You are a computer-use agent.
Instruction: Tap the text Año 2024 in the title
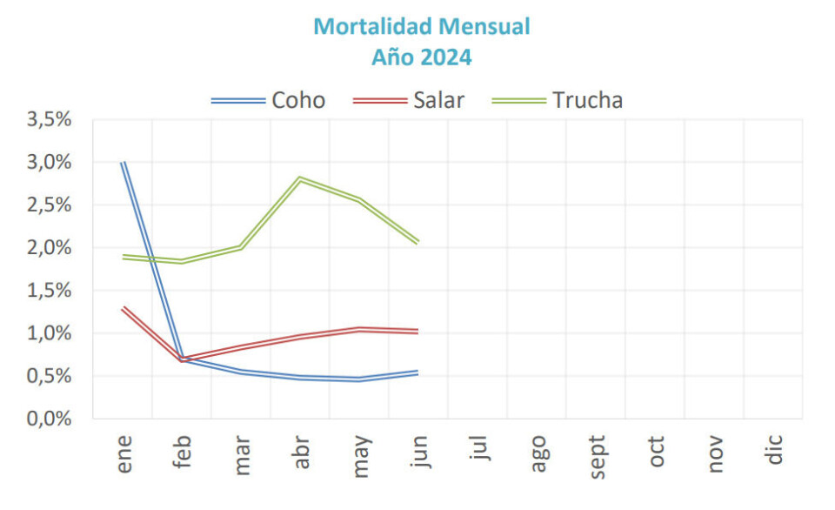point(422,57)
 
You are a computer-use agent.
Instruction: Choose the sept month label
point(598,454)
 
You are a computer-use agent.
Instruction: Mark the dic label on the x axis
point(775,453)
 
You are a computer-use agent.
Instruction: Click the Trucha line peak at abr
point(300,179)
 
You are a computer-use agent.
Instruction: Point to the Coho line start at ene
point(124,163)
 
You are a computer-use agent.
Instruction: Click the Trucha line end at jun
point(418,242)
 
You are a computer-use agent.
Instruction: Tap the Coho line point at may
point(359,379)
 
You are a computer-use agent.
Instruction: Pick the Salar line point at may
point(359,329)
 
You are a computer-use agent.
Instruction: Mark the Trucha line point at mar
point(241,247)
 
